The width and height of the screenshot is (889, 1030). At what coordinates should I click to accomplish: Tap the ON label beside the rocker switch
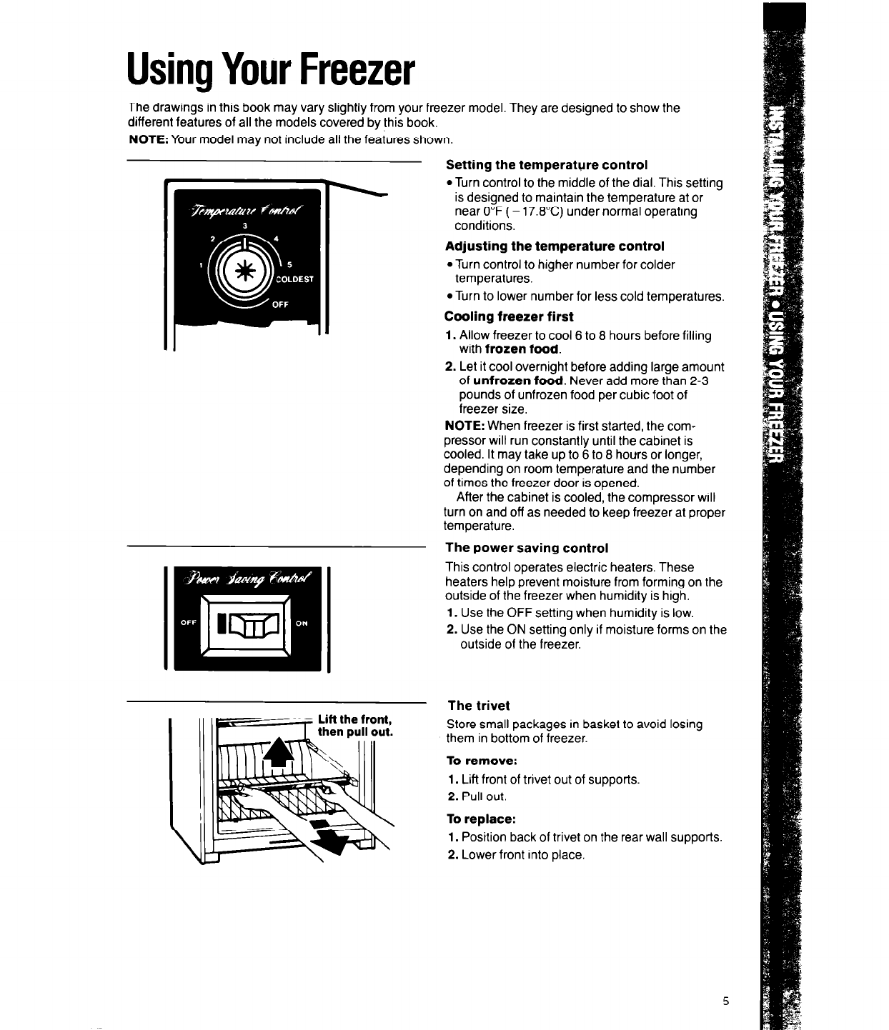tap(302, 623)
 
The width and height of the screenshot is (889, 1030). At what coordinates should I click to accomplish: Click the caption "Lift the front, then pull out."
tap(355, 726)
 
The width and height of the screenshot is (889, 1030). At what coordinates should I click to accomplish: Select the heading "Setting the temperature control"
tap(547, 165)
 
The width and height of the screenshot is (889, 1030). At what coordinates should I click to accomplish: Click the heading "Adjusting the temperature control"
tap(554, 246)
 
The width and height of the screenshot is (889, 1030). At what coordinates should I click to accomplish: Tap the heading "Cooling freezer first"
tap(509, 316)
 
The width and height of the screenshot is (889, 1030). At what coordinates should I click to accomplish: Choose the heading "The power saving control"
tap(526, 548)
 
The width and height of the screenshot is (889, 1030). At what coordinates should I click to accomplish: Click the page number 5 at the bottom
tap(725, 1001)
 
